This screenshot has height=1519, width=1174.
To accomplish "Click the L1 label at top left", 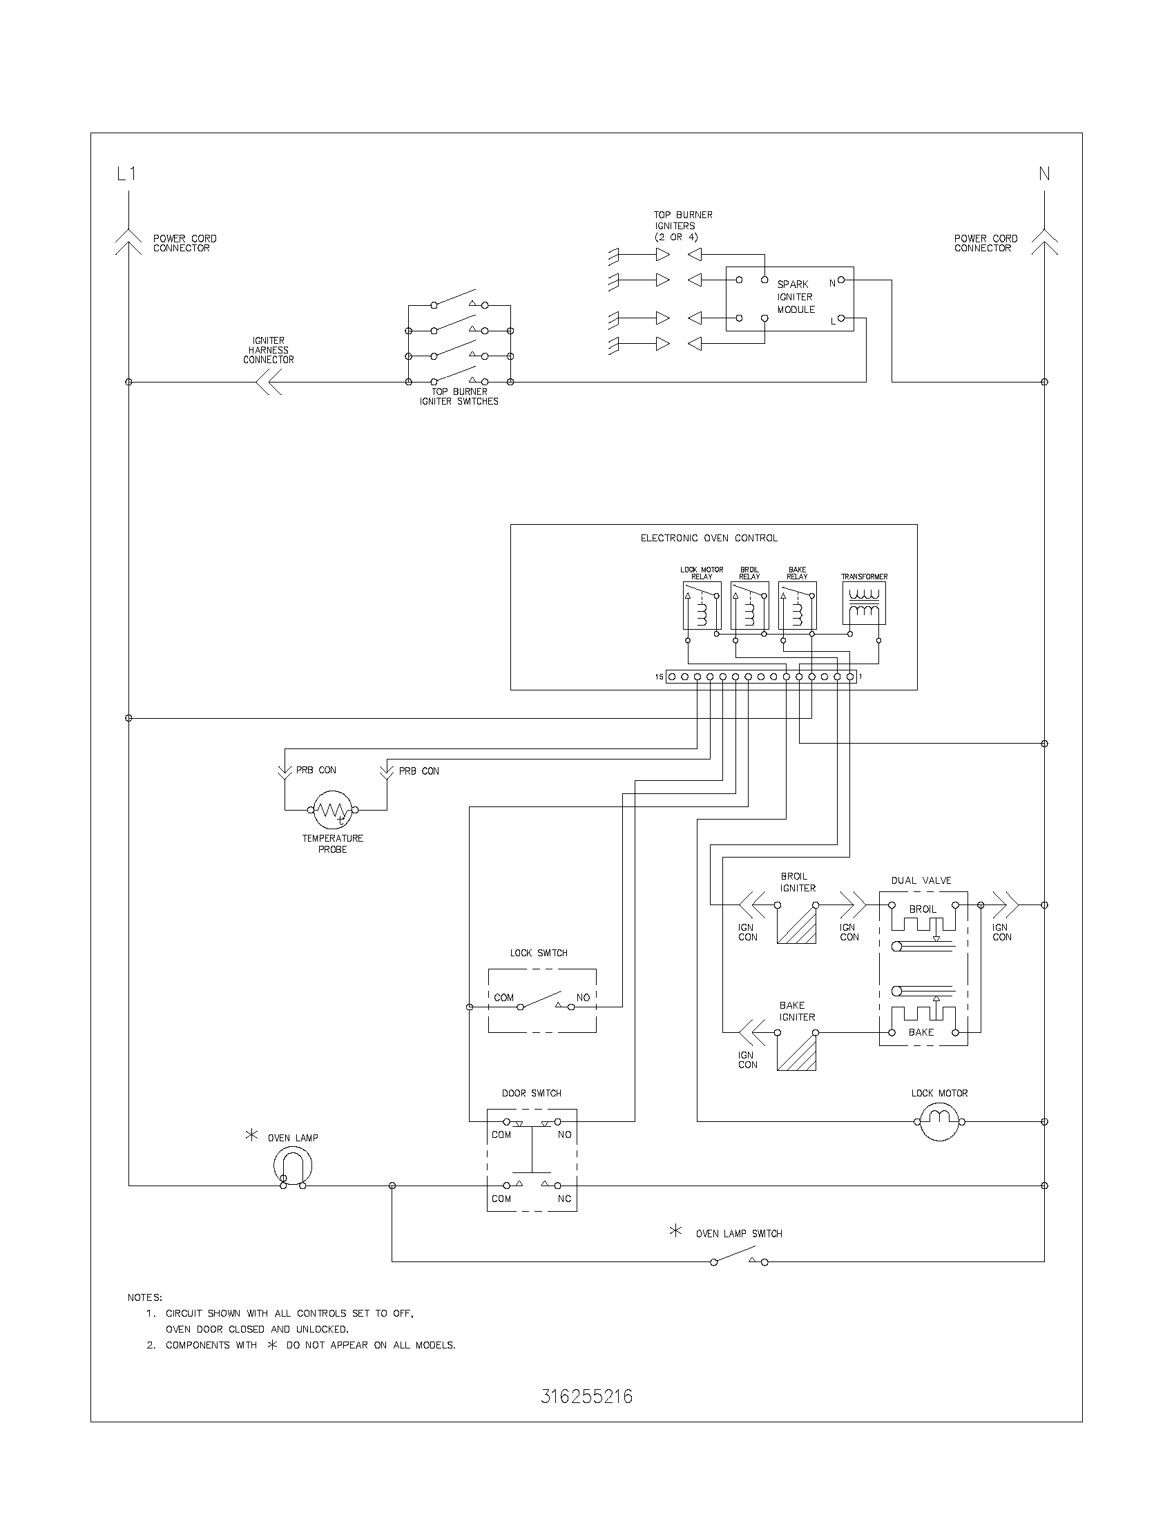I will click(126, 174).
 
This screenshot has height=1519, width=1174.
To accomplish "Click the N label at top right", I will click(1044, 174).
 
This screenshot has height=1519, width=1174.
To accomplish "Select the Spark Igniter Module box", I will click(789, 298).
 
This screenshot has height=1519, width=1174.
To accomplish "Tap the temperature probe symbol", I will click(332, 810).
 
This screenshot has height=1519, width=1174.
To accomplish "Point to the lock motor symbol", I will click(940, 1121).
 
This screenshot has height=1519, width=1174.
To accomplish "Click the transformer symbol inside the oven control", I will click(864, 602).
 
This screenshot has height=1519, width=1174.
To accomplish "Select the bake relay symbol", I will click(797, 605).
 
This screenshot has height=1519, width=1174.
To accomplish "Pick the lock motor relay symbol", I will click(702, 605).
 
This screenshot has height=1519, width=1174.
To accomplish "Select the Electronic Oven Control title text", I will click(709, 539).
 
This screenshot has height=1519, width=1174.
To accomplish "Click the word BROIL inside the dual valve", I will click(922, 910).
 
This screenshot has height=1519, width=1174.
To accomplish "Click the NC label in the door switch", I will click(564, 1199).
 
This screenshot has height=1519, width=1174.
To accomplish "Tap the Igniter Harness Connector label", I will click(269, 350).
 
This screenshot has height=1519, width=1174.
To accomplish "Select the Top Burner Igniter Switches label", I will click(459, 396).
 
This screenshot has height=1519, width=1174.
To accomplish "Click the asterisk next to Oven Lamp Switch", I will click(675, 1231).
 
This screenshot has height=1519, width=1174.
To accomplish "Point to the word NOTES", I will click(144, 1297).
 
